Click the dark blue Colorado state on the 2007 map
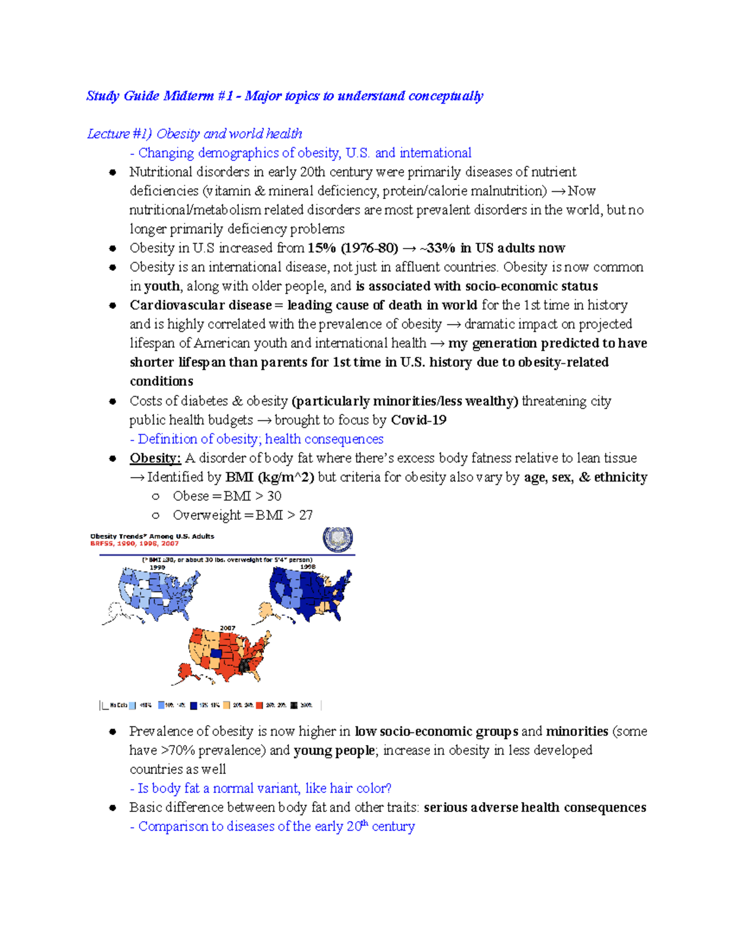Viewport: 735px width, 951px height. tap(216, 653)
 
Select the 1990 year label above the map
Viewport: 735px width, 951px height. tap(157, 568)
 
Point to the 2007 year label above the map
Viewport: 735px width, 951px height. tap(227, 628)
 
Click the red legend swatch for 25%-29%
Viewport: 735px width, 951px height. tap(260, 705)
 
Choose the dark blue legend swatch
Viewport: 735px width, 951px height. tap(194, 705)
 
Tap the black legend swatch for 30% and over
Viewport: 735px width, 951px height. tap(294, 705)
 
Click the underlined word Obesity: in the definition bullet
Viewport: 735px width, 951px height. tap(155, 458)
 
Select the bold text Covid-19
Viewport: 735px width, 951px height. tap(418, 420)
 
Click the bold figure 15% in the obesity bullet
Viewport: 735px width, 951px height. tap(322, 248)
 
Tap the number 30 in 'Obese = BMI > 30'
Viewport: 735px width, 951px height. tap(274, 496)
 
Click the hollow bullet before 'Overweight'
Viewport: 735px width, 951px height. tap(156, 516)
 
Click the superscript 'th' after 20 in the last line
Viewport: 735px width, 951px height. tap(365, 823)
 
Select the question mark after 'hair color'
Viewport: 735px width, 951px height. tap(388, 788)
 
